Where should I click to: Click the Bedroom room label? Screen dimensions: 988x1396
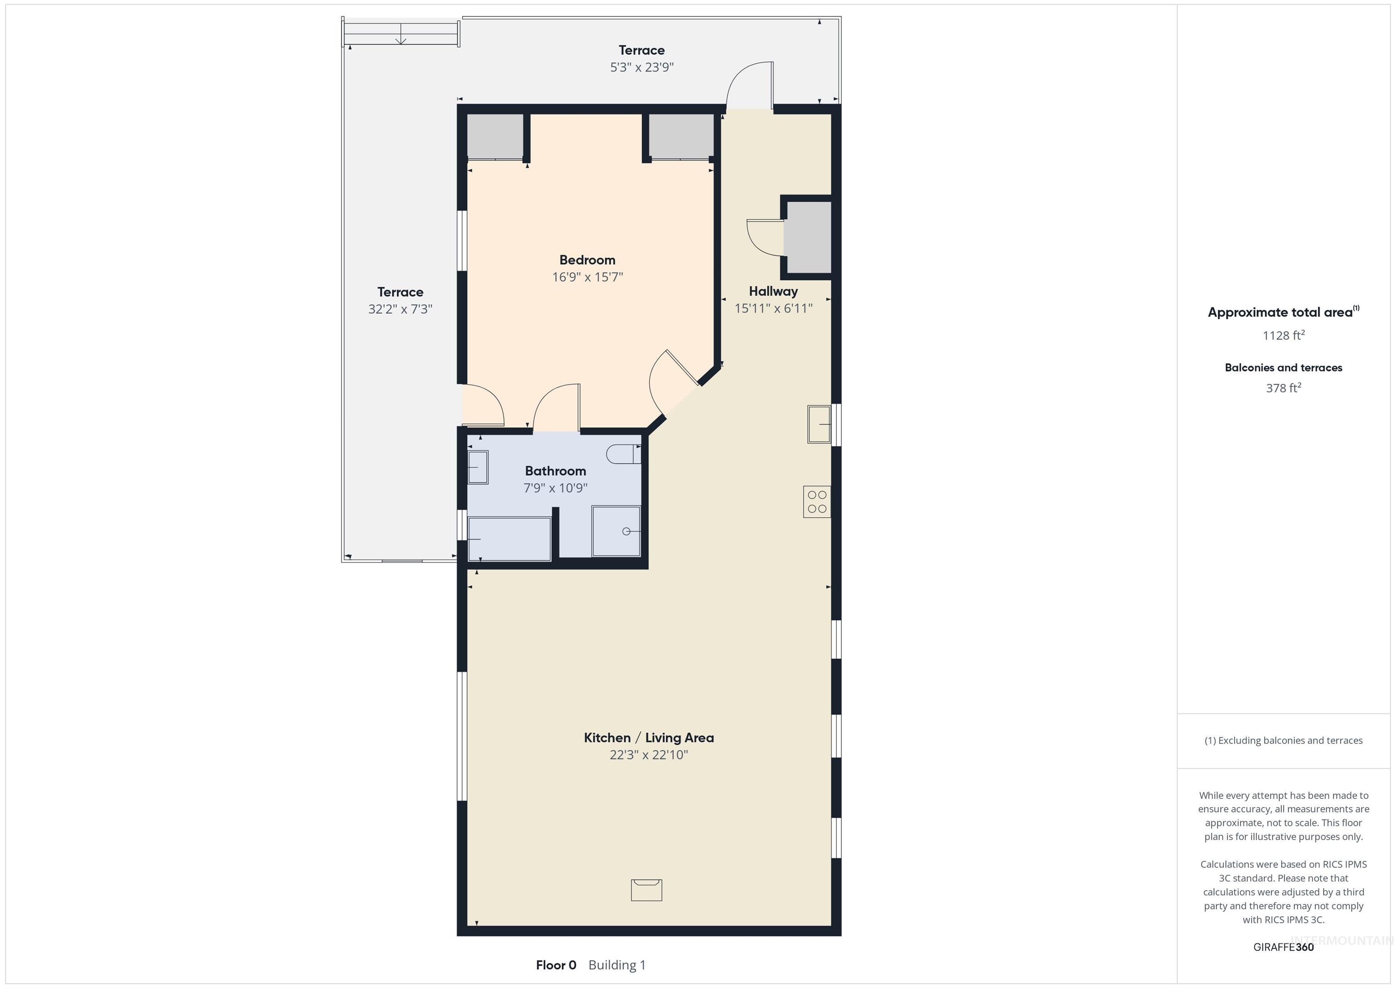point(587,260)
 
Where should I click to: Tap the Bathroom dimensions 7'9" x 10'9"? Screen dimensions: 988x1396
point(555,487)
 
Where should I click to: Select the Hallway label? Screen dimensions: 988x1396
point(773,291)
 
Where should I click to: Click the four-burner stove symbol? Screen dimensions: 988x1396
point(817,502)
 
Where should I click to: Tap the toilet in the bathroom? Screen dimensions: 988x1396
point(623,454)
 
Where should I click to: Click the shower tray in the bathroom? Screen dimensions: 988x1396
point(616,531)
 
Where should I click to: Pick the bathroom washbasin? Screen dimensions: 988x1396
point(478,467)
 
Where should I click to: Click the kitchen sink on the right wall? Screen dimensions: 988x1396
point(818,424)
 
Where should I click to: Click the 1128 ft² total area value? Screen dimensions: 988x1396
point(1283,335)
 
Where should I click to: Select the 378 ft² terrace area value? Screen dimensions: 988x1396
point(1283,387)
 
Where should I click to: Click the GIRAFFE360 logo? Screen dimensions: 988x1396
point(1283,947)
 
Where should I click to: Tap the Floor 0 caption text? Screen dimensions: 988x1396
point(556,965)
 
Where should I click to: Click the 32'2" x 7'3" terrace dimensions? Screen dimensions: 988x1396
point(400,309)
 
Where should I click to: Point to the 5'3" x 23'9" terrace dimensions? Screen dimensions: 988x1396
point(642,67)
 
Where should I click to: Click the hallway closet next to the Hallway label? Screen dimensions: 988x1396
point(808,237)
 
